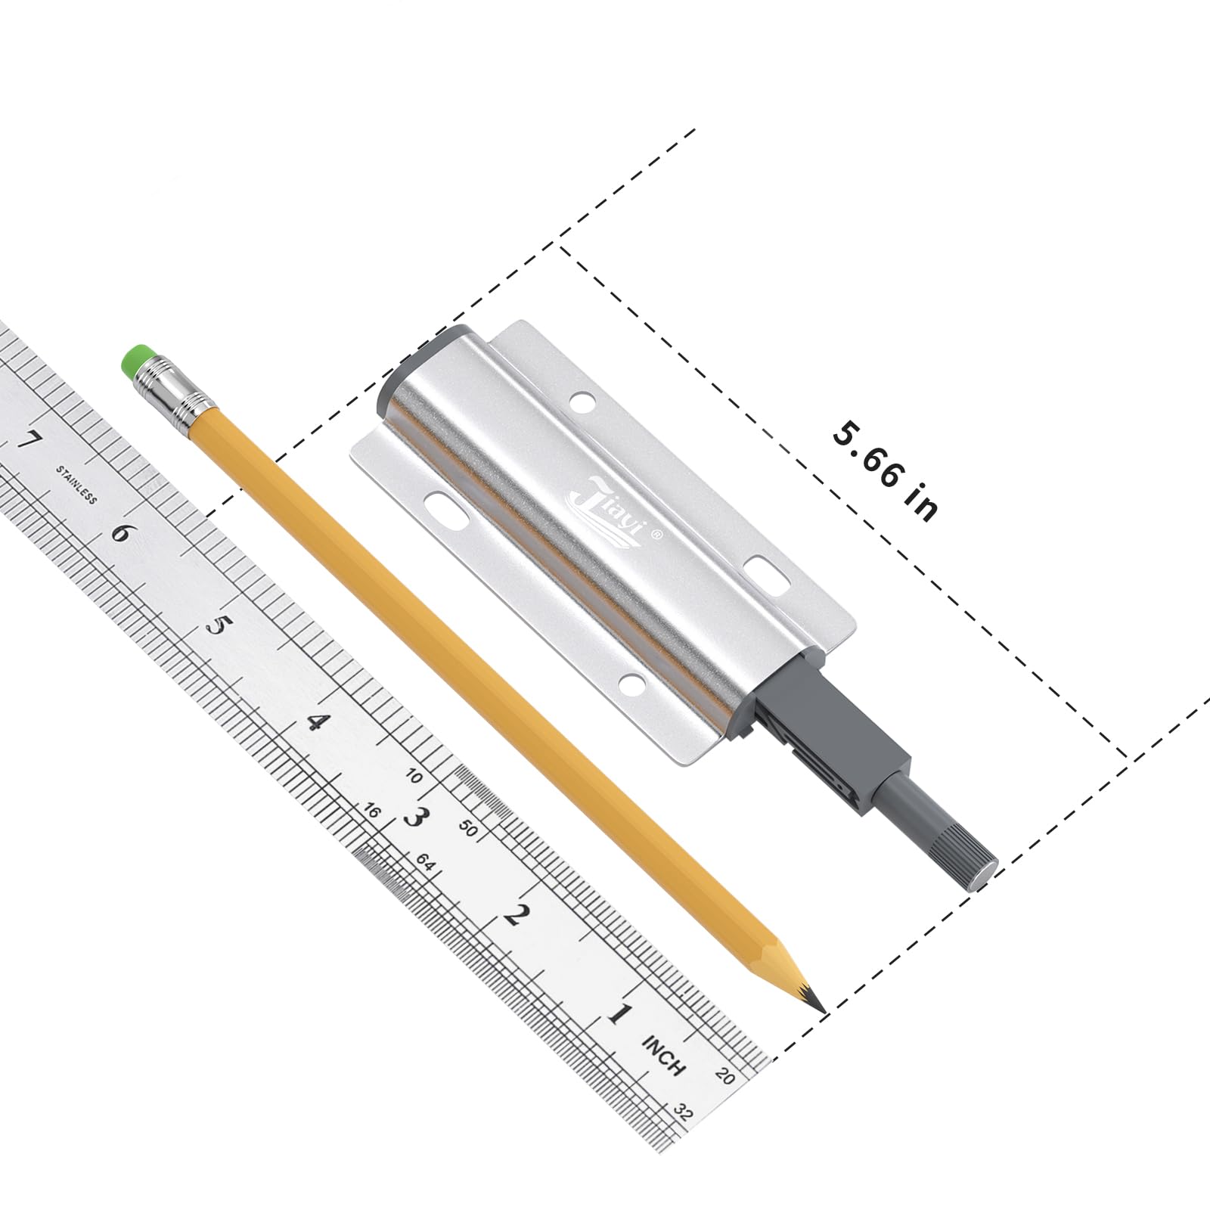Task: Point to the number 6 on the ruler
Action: coord(121,534)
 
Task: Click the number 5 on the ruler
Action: coord(218,627)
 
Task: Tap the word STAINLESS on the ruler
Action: coord(76,485)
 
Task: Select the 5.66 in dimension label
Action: coord(886,471)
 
